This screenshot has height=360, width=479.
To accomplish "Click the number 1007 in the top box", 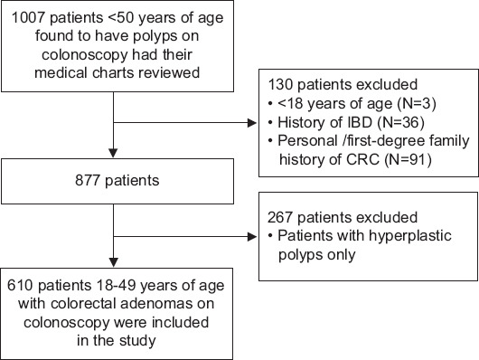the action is [29, 18].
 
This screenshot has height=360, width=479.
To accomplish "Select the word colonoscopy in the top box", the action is [85, 55].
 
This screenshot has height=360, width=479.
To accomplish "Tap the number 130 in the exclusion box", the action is [280, 84].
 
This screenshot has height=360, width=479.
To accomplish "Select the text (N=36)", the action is [400, 123].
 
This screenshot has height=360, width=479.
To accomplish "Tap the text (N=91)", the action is [408, 160].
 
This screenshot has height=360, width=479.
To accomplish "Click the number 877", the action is [88, 180].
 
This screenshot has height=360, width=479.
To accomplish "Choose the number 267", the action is [280, 217].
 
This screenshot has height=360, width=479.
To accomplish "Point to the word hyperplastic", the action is [410, 236].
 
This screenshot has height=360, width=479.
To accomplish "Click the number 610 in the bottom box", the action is [20, 285].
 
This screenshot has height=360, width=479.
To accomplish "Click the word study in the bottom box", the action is [137, 341].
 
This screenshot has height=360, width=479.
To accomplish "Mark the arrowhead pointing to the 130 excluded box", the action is [252, 123].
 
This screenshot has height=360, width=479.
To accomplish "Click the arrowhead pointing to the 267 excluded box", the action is [252, 236].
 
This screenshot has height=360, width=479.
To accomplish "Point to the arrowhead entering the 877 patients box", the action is [113, 153].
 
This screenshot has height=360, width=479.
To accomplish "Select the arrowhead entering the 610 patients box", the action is [113, 262].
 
